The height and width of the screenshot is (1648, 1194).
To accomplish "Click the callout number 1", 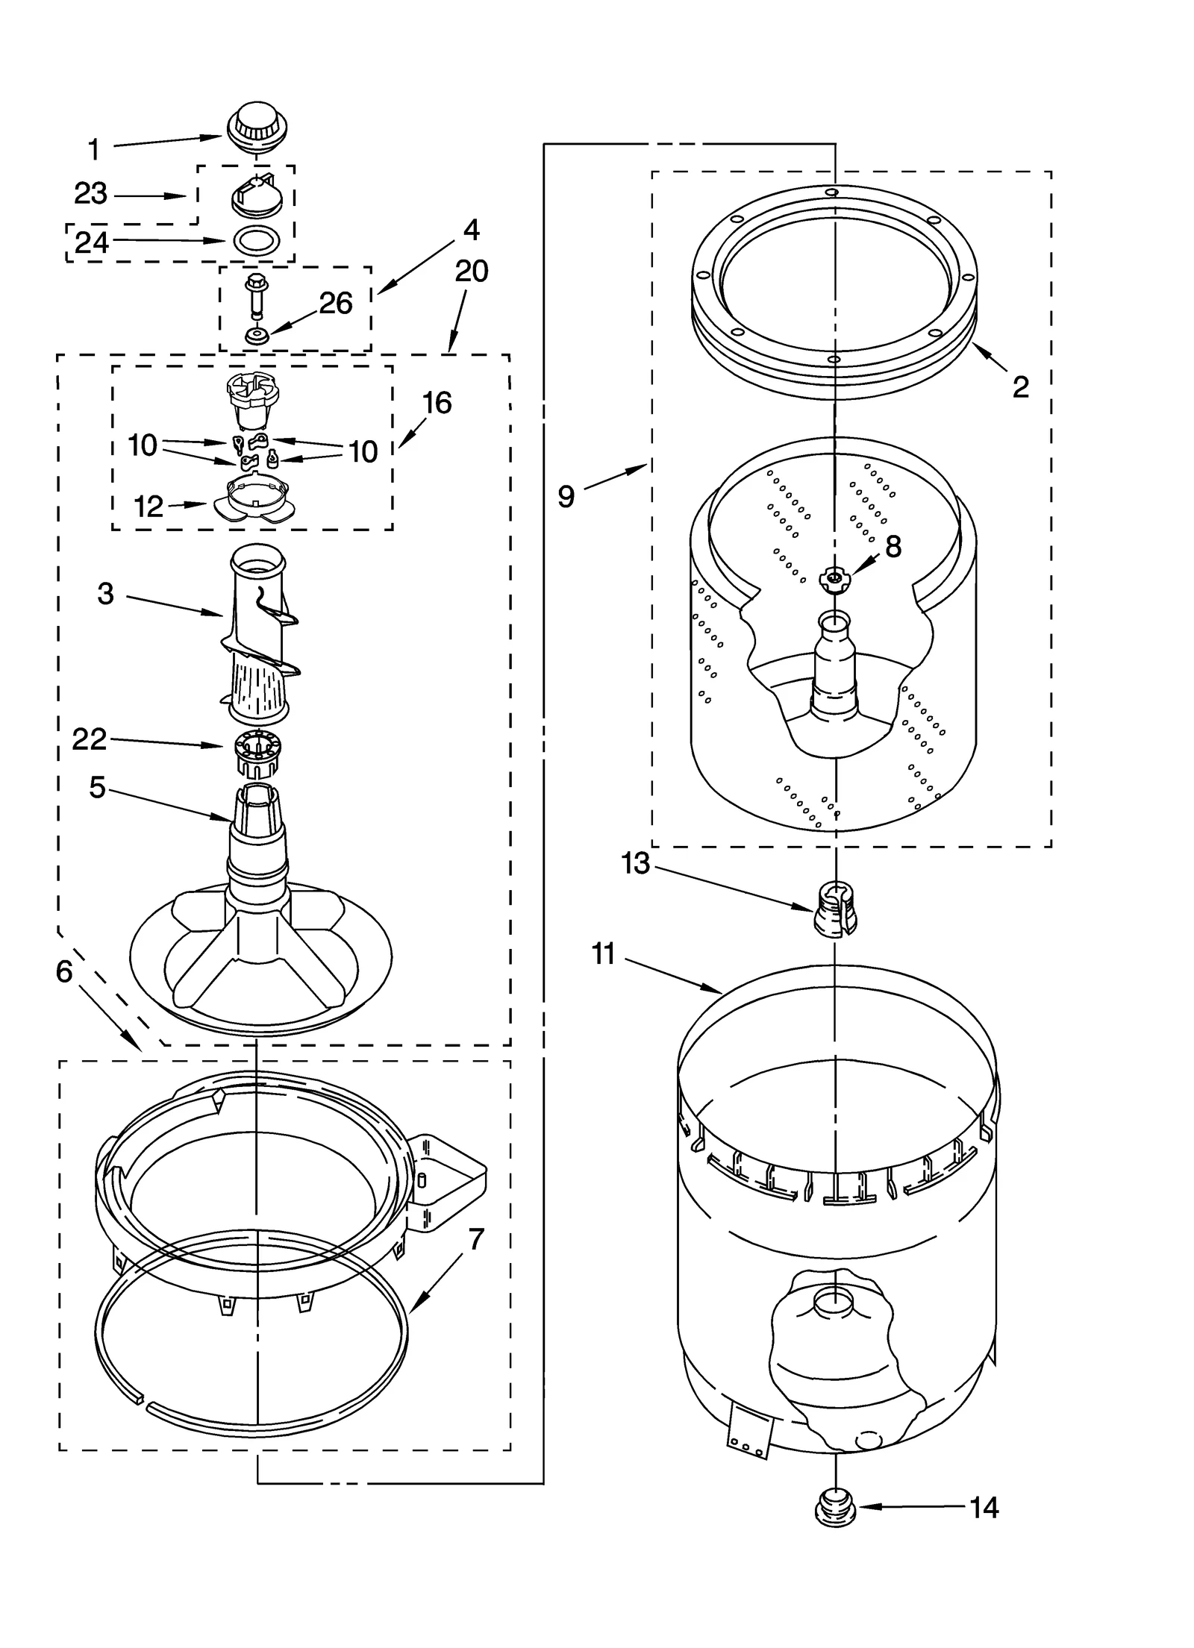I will [x=93, y=149].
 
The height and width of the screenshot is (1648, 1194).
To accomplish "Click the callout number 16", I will [x=437, y=403].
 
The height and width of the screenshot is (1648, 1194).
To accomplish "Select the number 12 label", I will [x=149, y=507].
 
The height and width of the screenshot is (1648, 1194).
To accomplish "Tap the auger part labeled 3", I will [x=257, y=634].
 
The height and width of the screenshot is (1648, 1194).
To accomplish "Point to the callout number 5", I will [x=98, y=787].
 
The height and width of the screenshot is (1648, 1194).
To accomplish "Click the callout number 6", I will [x=64, y=971].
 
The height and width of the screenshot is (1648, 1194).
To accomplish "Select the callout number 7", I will [x=476, y=1239].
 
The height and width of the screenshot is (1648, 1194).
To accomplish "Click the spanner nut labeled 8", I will [x=834, y=577].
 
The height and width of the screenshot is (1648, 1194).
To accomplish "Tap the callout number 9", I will [x=566, y=496].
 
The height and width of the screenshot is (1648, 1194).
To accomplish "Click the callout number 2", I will [x=1020, y=386].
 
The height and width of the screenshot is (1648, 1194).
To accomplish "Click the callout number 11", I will [x=603, y=953].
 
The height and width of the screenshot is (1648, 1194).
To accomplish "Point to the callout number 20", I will [x=472, y=271].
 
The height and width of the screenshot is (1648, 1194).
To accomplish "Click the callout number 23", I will [x=91, y=193].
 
